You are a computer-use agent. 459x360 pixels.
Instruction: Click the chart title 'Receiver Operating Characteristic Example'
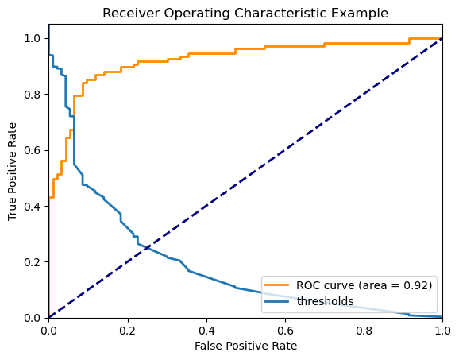245,13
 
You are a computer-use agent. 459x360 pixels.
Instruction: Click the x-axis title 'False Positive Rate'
245,346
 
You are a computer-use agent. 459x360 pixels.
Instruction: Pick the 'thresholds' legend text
324,301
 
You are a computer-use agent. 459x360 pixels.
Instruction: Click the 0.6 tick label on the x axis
285,328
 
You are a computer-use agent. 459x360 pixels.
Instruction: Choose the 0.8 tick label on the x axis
364,328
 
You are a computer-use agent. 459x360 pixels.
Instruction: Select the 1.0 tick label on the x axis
442,328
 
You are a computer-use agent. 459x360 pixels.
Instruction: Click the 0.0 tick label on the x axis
49,328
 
